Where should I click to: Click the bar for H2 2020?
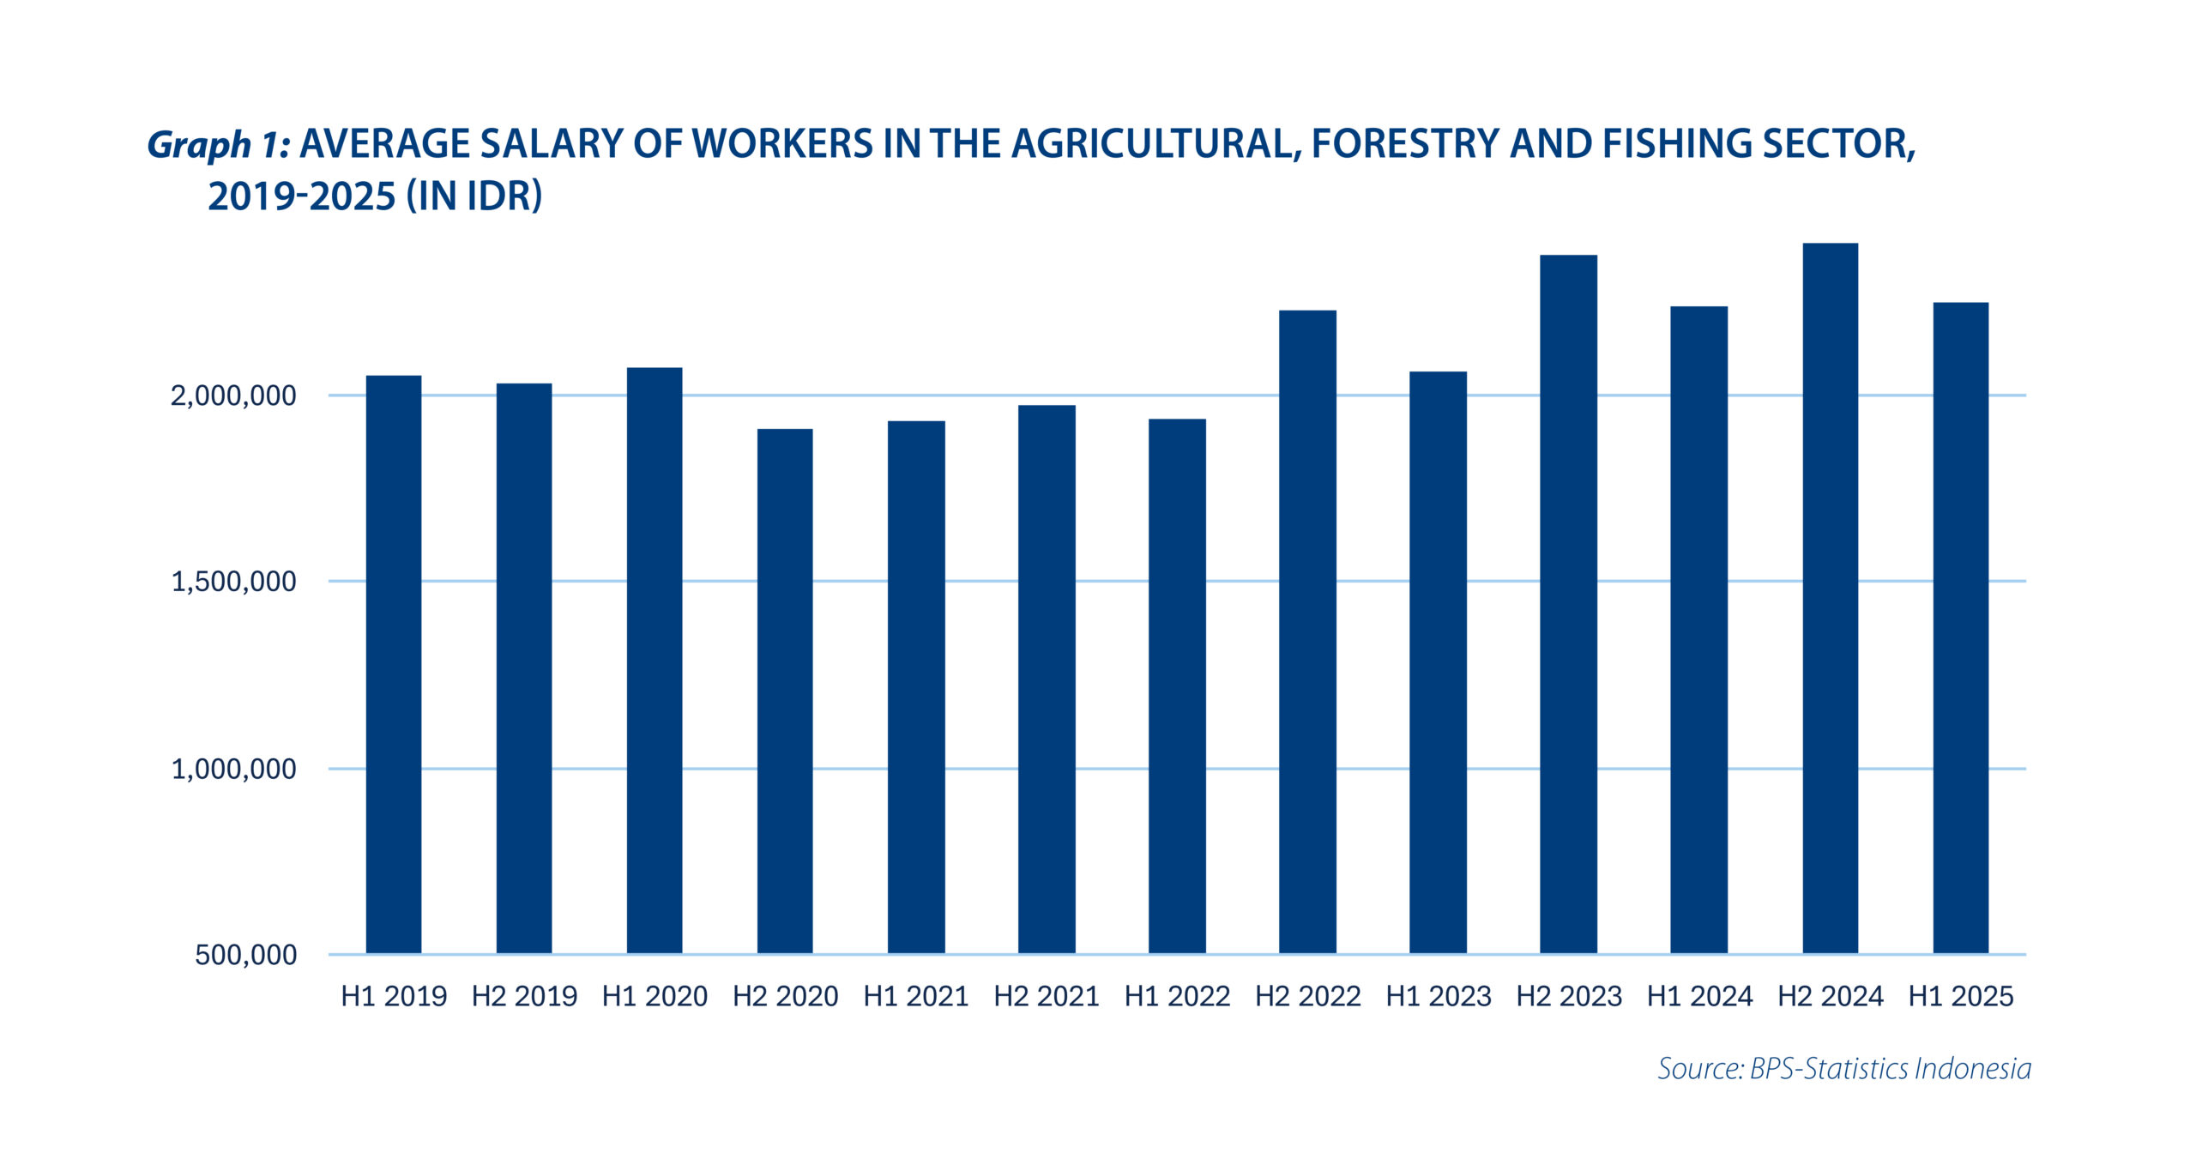[x=785, y=691]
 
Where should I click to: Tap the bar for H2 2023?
[x=1568, y=604]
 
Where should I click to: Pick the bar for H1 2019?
[x=394, y=664]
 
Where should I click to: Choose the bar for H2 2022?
[x=1307, y=631]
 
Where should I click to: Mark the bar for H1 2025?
[x=1960, y=627]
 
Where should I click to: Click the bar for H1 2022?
[x=1177, y=685]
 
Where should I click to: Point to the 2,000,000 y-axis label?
[x=233, y=395]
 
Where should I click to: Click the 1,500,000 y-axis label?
[x=233, y=582]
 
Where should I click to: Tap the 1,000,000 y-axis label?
[x=233, y=769]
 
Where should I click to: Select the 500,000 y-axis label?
[x=245, y=955]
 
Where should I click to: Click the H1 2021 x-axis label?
[x=916, y=996]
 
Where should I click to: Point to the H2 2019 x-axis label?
[x=524, y=996]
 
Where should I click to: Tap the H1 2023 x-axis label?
[x=1439, y=996]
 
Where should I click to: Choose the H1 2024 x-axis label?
[x=1699, y=996]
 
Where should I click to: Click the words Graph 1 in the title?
[x=219, y=144]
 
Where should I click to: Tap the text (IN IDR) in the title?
[x=474, y=196]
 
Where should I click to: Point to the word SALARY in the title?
[x=552, y=143]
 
